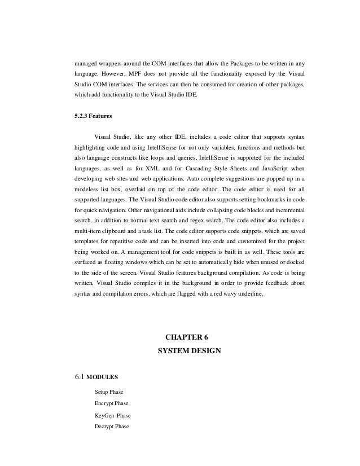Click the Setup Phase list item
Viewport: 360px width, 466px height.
(x=109, y=392)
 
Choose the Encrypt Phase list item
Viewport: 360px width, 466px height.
(x=112, y=403)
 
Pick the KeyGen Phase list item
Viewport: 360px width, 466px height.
(x=112, y=416)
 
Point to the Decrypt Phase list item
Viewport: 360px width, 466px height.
(x=112, y=427)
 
